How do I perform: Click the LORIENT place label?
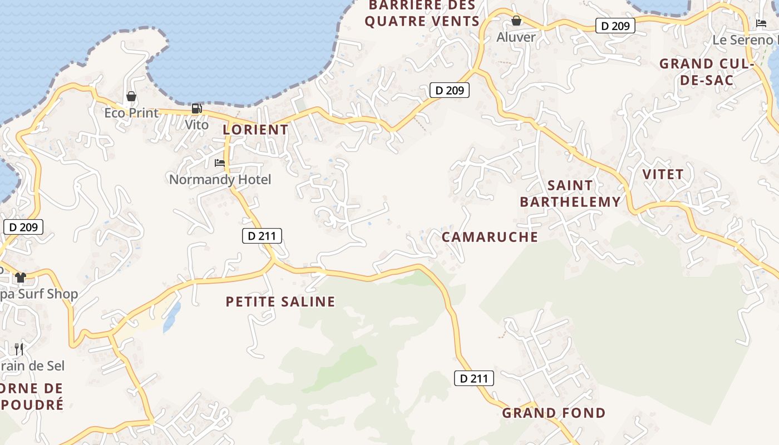(x=255, y=130)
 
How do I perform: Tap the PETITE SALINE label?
(x=280, y=301)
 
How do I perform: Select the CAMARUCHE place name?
(x=490, y=237)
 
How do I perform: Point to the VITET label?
(x=663, y=174)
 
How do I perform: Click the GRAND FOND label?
(x=554, y=413)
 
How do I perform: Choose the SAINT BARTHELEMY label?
(x=570, y=193)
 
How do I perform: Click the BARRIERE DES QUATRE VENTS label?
(x=422, y=13)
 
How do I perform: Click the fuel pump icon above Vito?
(x=196, y=108)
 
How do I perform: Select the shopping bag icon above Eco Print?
(x=131, y=97)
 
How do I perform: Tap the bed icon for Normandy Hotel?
(x=220, y=163)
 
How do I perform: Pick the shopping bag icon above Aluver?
(x=516, y=21)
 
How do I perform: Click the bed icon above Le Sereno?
(x=761, y=23)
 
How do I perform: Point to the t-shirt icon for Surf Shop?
(x=21, y=277)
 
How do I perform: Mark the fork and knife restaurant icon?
(x=19, y=349)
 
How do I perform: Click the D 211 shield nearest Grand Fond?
(x=474, y=378)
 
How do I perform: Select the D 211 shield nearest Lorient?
(x=262, y=236)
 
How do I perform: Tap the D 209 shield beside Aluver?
(x=615, y=26)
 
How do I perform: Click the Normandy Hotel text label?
(x=220, y=180)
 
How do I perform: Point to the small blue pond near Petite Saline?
(x=172, y=318)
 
